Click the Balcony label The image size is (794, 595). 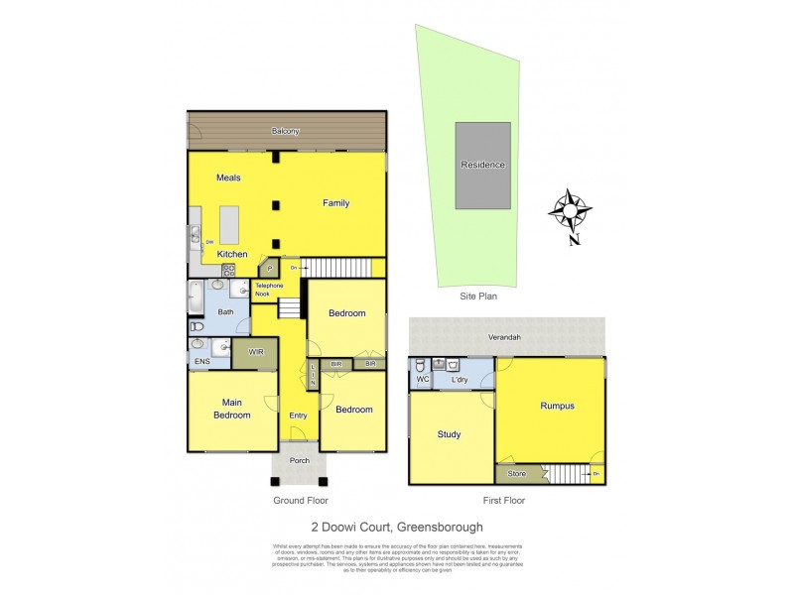click(x=286, y=131)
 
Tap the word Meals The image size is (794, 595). click(x=229, y=178)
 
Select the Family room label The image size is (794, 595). click(x=335, y=203)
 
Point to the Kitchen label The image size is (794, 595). click(x=233, y=254)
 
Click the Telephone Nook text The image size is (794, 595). click(x=270, y=290)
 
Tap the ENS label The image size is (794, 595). click(x=201, y=362)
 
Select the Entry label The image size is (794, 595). click(x=298, y=416)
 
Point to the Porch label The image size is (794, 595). click(x=299, y=460)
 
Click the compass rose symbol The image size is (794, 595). click(x=571, y=210)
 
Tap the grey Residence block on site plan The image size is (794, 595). click(x=483, y=165)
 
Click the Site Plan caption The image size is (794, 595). click(x=477, y=296)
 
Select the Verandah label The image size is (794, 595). click(x=504, y=337)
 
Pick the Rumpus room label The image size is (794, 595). click(x=558, y=406)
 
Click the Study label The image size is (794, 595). click(x=450, y=434)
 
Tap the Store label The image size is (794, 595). click(x=516, y=474)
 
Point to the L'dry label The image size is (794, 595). click(x=460, y=381)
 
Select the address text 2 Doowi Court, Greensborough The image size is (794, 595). click(x=397, y=529)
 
